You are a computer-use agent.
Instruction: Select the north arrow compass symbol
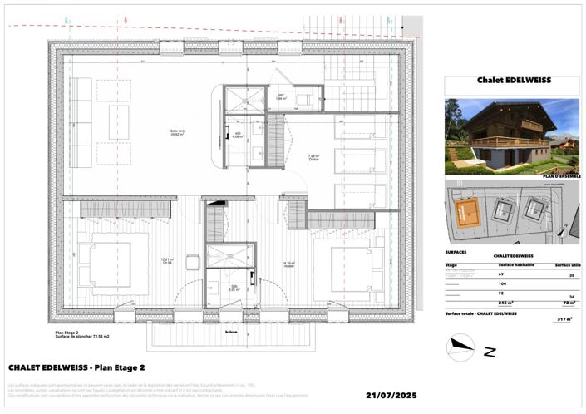pos(460,346)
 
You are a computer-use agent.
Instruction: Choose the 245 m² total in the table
pos(504,303)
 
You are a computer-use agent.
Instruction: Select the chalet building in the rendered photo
pos(497,133)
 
